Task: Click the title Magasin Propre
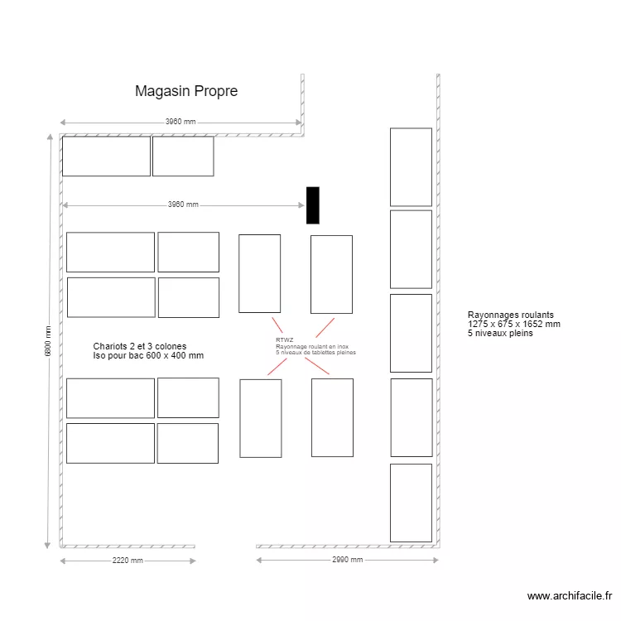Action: coord(186,91)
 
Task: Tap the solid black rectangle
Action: coord(312,205)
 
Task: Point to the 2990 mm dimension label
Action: coord(346,561)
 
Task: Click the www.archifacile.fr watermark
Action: coord(570,595)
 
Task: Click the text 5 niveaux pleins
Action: coord(500,333)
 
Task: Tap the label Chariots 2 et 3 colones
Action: coord(140,346)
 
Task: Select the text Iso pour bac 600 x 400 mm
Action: coord(149,355)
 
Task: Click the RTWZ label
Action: coord(284,339)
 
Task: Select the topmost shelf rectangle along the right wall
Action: coord(411,166)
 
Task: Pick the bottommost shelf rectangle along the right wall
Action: coord(411,503)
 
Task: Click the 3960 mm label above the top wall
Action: coord(181,122)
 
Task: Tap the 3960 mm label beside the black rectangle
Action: coord(183,205)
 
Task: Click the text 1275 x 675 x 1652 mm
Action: coord(514,325)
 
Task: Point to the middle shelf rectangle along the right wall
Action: coord(411,334)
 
